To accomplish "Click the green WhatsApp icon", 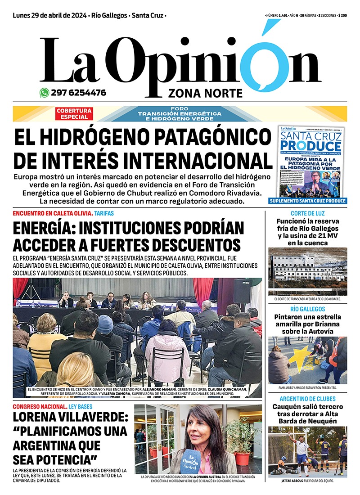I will [44, 93].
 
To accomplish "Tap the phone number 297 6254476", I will [78, 93].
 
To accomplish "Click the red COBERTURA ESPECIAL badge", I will [74, 114].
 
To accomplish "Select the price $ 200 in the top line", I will [342, 16].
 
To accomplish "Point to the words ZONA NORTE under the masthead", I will [205, 93].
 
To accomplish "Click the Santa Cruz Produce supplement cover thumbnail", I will [312, 161].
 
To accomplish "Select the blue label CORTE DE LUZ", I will [308, 213].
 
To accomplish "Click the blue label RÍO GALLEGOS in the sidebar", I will [308, 309].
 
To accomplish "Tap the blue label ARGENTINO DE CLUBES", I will [308, 399].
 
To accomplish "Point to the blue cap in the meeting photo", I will [105, 324].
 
